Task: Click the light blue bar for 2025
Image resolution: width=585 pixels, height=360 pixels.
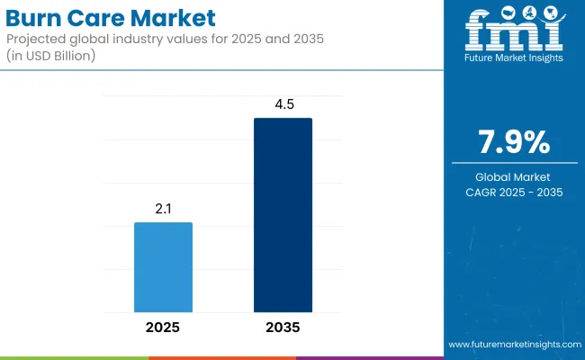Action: click(163, 266)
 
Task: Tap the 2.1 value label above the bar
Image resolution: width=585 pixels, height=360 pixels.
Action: click(163, 208)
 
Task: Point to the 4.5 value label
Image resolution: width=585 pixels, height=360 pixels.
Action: click(283, 104)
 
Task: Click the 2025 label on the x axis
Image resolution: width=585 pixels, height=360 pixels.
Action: click(163, 326)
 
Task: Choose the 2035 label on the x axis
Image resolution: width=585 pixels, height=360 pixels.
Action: click(283, 326)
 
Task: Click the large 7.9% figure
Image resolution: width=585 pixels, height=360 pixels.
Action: click(513, 142)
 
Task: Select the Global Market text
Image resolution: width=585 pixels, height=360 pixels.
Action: click(513, 177)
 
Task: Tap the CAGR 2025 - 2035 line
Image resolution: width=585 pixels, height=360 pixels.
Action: click(513, 192)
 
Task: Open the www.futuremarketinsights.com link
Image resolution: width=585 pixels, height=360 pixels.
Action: click(513, 345)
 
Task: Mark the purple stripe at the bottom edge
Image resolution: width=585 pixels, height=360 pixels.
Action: click(369, 357)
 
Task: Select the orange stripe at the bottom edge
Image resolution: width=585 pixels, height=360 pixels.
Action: click(221, 357)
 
